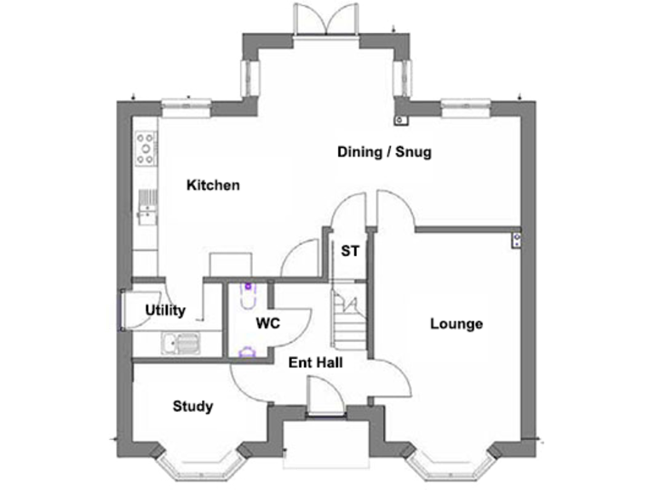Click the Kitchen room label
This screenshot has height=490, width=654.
click(214, 185)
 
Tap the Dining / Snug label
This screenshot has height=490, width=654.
click(385, 152)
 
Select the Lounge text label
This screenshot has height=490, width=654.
click(456, 323)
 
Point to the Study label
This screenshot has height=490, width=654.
click(192, 406)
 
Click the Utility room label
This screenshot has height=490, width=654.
click(165, 311)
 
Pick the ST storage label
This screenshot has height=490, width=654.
click(349, 252)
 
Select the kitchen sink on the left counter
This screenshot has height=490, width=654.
click(147, 204)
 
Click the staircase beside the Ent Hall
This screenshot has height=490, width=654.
click(349, 319)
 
